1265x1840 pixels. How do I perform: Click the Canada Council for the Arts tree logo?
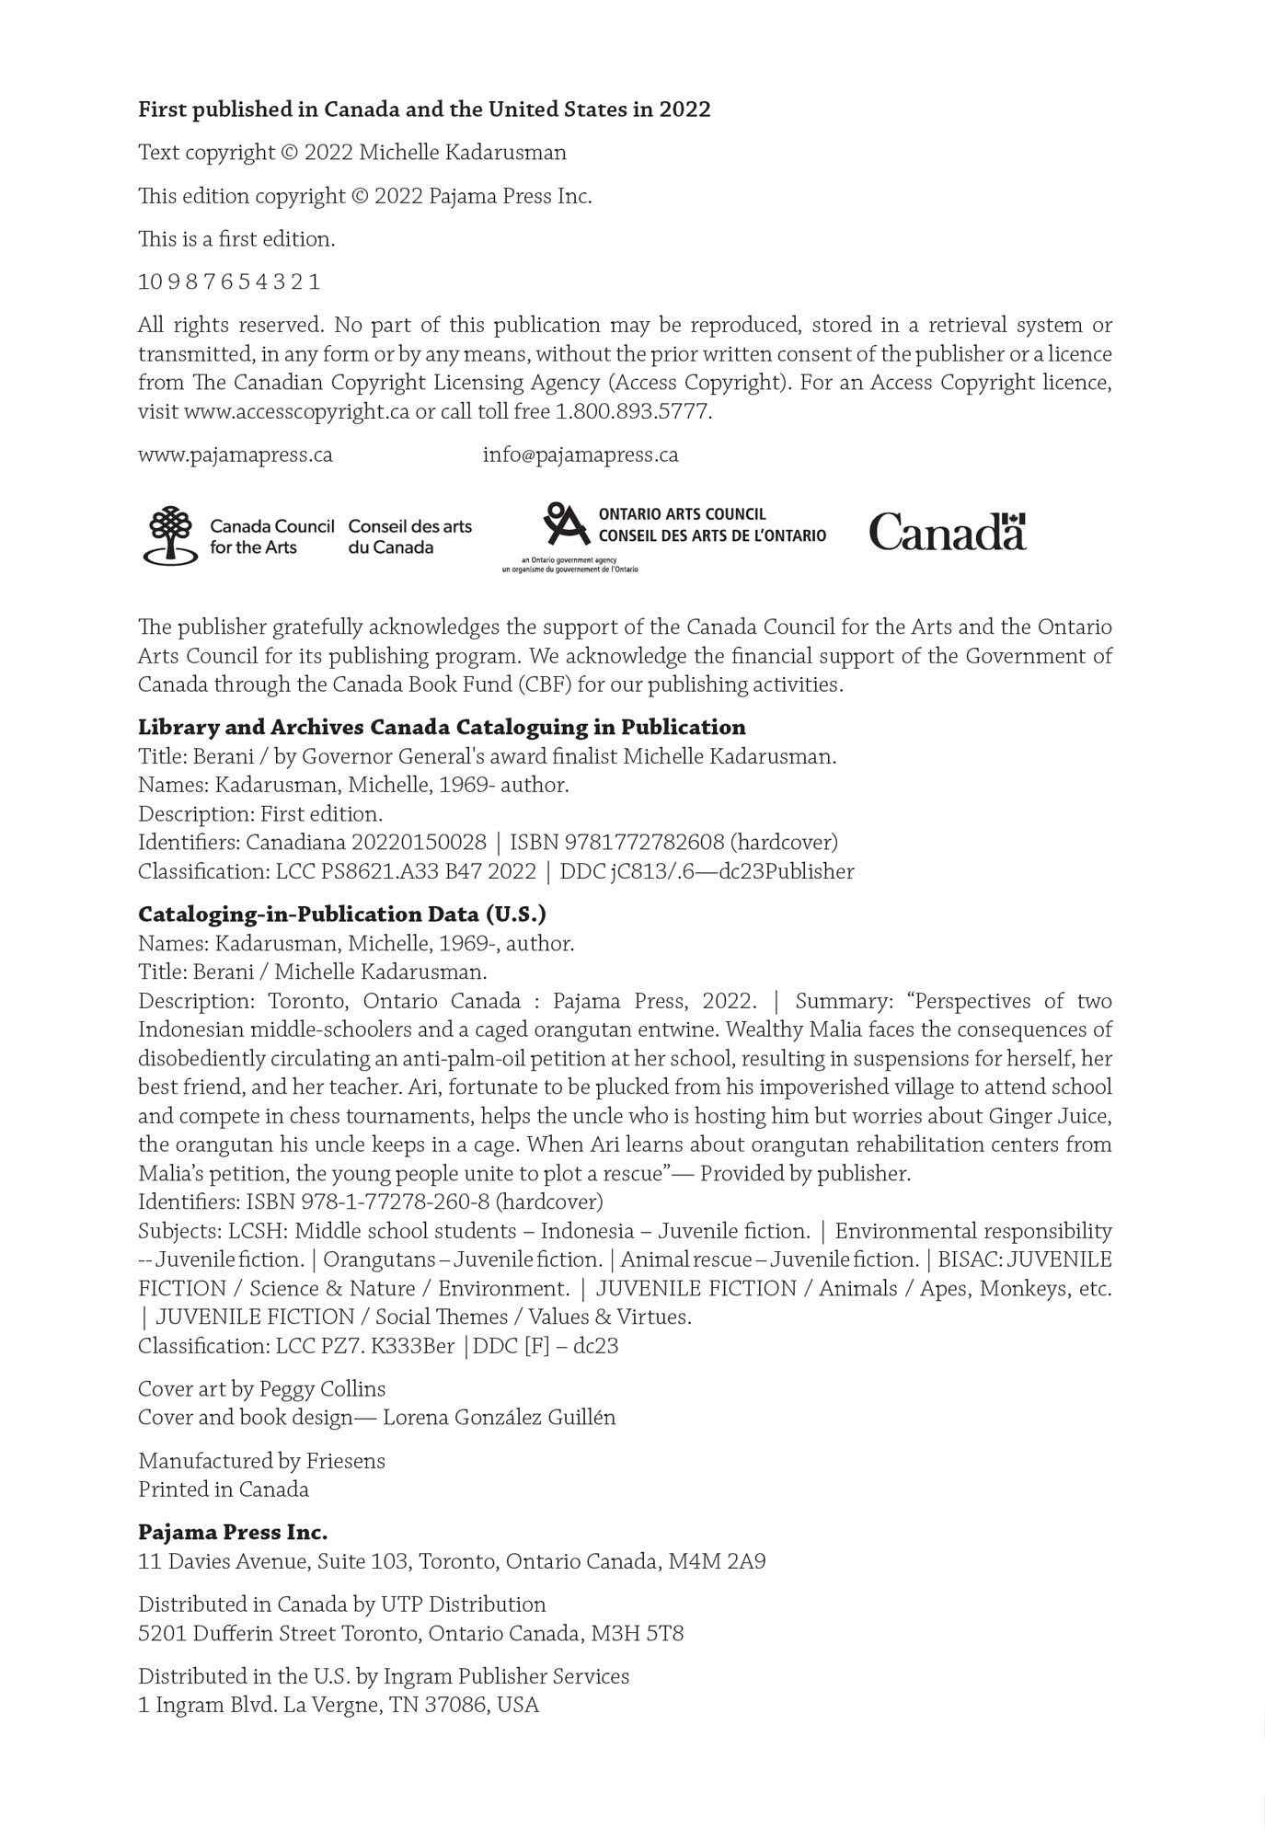[x=170, y=535]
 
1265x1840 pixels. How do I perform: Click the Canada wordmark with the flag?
[x=947, y=532]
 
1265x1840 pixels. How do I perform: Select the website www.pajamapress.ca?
[x=236, y=455]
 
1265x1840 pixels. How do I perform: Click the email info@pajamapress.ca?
[x=581, y=455]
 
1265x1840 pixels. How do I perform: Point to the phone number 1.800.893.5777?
[x=632, y=412]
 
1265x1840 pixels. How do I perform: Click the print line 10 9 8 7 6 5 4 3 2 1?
[x=229, y=282]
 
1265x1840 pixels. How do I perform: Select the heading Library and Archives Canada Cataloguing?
[x=442, y=728]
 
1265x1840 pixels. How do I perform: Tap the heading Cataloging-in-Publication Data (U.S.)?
[x=342, y=914]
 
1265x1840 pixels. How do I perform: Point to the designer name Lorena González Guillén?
[x=499, y=1418]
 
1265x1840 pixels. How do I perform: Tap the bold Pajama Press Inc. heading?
[x=233, y=1533]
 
